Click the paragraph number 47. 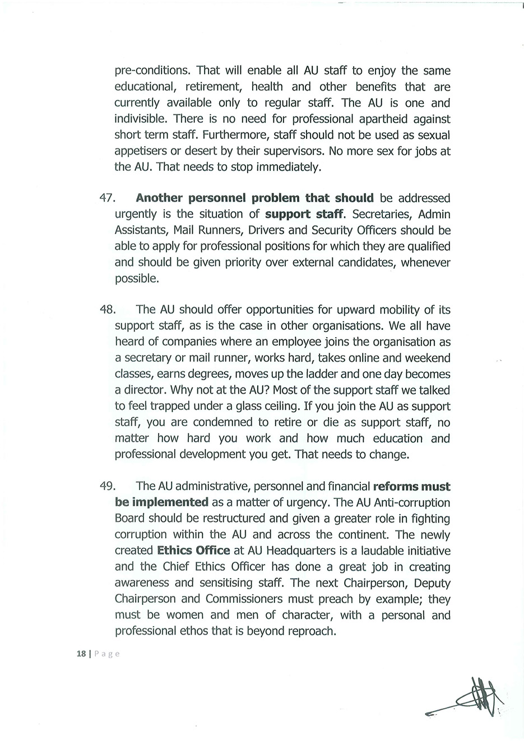[x=106, y=198]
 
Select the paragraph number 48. [x=106, y=310]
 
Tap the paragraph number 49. [x=106, y=487]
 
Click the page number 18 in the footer [x=81, y=654]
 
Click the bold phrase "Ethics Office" [x=193, y=551]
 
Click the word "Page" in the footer [x=107, y=654]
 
